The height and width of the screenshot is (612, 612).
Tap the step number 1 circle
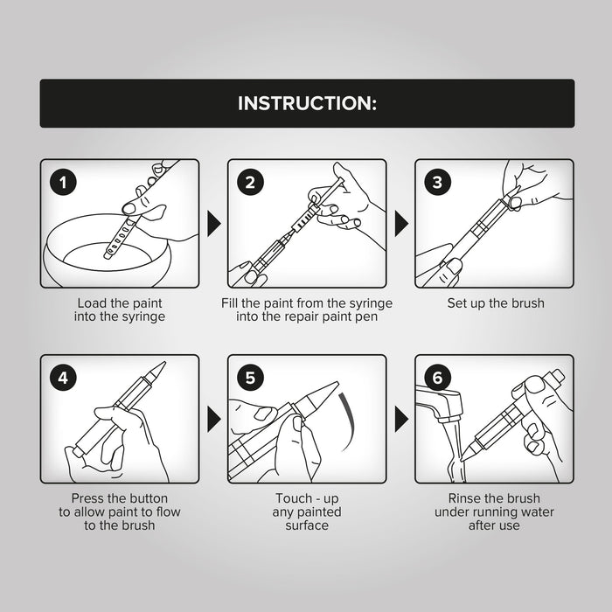63,182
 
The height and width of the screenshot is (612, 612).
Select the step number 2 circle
250,182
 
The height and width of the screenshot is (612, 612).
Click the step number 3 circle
437,182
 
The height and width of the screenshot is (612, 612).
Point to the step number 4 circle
63,378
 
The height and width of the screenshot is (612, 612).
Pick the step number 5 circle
250,378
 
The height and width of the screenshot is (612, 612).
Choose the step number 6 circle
437,378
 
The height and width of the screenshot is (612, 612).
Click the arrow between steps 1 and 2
213,224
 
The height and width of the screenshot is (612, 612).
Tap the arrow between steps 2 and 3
401,224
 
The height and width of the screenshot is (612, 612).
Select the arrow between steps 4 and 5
213,419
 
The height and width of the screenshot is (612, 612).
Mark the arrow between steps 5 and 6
401,419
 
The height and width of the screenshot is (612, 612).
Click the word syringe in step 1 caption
143,316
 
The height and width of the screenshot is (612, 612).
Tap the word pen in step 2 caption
366,316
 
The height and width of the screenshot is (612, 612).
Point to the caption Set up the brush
496,303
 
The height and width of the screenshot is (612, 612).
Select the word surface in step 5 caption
307,525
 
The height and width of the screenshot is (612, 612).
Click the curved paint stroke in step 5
350,421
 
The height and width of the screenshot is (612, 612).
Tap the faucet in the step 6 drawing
440,404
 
